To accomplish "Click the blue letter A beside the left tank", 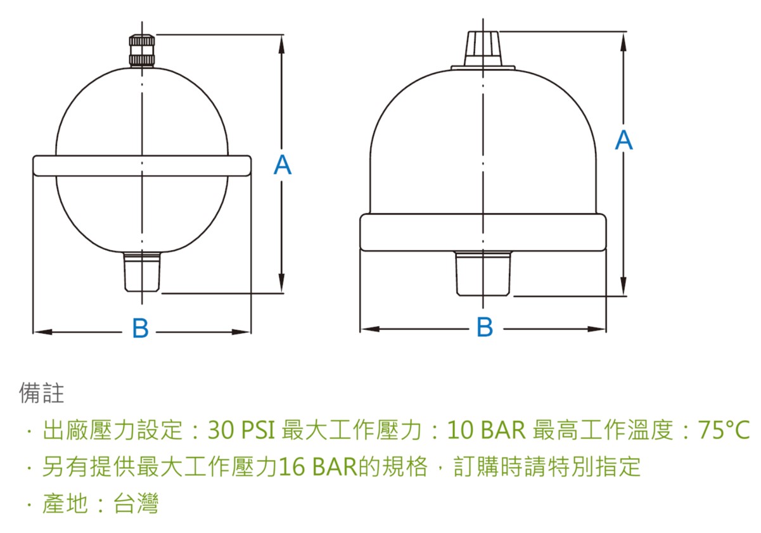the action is click(x=283, y=164).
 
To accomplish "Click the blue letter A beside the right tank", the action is click(x=624, y=140).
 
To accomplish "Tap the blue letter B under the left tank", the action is click(x=140, y=327).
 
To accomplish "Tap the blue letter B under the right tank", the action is click(x=485, y=327).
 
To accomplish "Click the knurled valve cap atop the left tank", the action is click(x=142, y=50).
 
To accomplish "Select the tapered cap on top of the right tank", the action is click(x=483, y=49).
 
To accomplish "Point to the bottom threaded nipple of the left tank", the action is click(x=142, y=272).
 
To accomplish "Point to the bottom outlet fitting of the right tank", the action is click(x=482, y=274).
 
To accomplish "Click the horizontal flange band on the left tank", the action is click(x=142, y=166).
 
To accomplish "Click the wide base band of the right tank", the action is click(x=483, y=233).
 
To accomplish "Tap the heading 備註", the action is click(x=41, y=393).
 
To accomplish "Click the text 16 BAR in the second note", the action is click(x=318, y=466).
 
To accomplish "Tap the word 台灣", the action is click(x=136, y=503).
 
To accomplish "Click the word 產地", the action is click(x=65, y=503).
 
